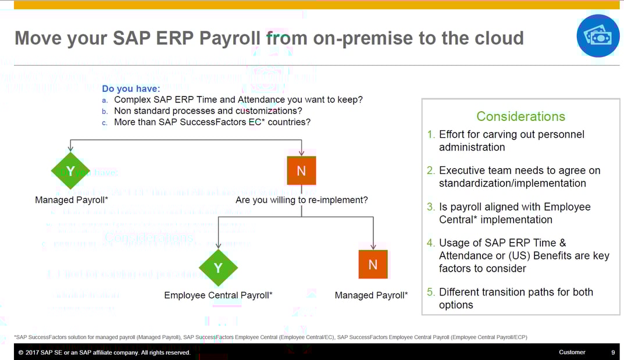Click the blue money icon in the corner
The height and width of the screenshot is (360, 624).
pyautogui.click(x=598, y=36)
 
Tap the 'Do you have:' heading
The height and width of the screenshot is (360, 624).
pyautogui.click(x=131, y=88)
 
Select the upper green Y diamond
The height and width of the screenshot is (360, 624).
pyautogui.click(x=70, y=171)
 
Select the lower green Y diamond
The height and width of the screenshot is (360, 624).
pyautogui.click(x=218, y=268)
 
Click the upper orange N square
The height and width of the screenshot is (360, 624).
pyautogui.click(x=301, y=171)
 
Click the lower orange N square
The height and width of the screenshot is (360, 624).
pyautogui.click(x=373, y=265)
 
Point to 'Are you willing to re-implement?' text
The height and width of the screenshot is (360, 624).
pyautogui.click(x=301, y=200)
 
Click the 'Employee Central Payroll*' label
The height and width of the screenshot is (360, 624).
pyautogui.click(x=218, y=295)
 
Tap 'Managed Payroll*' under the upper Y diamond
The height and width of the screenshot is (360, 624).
pyautogui.click(x=72, y=200)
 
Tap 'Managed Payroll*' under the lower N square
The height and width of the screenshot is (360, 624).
pyautogui.click(x=371, y=295)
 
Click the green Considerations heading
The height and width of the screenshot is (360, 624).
pyautogui.click(x=520, y=116)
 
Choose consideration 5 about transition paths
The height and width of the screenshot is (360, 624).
pyautogui.click(x=515, y=298)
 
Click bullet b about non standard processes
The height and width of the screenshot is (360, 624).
pyautogui.click(x=207, y=111)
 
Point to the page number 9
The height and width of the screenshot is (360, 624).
pyautogui.click(x=613, y=352)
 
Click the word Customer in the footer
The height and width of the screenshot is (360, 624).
pyautogui.click(x=572, y=352)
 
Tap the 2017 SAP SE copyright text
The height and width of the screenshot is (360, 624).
pyautogui.click(x=105, y=352)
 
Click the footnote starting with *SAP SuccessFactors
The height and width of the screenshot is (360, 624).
pyautogui.click(x=270, y=337)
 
